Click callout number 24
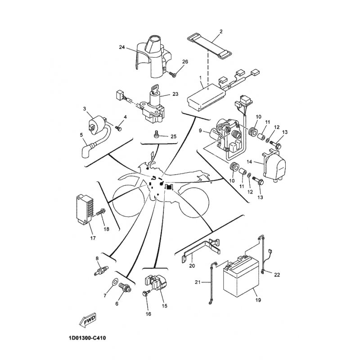(121, 47)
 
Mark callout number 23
(175, 94)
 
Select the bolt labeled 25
(157, 134)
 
